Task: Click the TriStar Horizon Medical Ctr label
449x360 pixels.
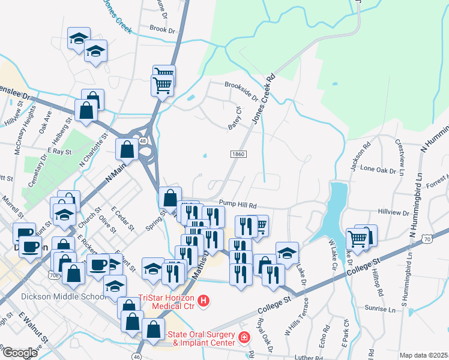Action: coord(167,300)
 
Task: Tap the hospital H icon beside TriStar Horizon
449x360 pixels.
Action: coord(203,301)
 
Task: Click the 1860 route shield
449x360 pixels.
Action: coord(238,154)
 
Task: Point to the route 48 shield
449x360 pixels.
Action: coord(142,140)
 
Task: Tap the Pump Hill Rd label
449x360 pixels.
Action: coord(238,205)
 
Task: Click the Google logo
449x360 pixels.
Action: coord(20,353)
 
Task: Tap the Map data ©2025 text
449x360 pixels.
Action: coord(424,355)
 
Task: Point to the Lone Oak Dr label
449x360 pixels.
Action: coord(378,170)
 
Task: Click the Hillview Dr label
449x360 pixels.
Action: coord(394,212)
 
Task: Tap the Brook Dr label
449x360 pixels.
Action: coord(161,29)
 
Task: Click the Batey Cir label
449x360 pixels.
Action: coord(234,118)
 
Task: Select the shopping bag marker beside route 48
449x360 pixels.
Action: coord(127,150)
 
